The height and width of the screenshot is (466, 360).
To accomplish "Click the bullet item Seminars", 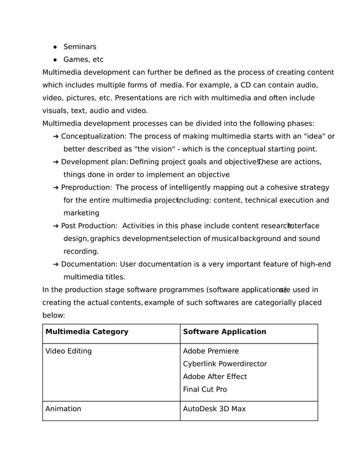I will tap(80, 47).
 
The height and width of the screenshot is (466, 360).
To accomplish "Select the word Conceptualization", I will tap(93, 136).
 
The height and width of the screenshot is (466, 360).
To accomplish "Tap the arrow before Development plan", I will tap(56, 162).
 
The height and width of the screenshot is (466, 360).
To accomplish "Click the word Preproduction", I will tap(86, 187).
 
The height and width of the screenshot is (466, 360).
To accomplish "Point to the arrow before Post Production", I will tap(56, 226).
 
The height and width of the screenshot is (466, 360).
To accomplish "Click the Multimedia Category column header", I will tap(87, 332).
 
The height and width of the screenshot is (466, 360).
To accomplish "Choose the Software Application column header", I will tap(225, 332).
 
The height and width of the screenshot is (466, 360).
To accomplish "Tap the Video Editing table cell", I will tap(68, 351).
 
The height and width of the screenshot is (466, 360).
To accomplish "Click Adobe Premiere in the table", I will tap(211, 351).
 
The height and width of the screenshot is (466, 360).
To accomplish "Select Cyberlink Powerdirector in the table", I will tap(225, 364).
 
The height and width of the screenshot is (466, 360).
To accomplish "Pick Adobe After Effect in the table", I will tap(215, 376).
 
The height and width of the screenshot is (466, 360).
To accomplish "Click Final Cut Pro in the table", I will tap(205, 389).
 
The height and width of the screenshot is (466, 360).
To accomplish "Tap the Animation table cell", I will tap(63, 408).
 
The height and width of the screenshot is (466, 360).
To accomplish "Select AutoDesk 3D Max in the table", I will tap(214, 408).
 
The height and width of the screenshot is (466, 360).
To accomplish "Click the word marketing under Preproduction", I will tap(81, 213).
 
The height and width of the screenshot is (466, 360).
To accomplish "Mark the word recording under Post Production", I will tap(81, 251).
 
